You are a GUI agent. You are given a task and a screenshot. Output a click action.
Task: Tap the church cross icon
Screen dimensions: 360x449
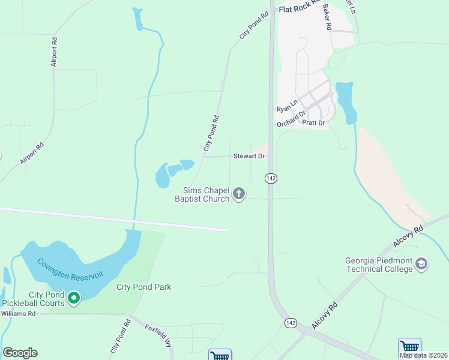click(239, 193)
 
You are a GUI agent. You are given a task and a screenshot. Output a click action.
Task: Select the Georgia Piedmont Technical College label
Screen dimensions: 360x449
click(379, 265)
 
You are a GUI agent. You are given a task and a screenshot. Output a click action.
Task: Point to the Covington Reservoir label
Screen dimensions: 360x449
click(70, 268)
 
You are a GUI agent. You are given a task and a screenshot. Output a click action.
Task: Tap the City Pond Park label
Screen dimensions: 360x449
click(143, 287)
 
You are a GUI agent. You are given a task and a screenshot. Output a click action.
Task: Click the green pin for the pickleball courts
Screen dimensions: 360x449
click(74, 298)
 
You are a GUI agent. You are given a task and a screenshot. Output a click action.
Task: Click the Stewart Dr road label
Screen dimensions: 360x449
click(249, 156)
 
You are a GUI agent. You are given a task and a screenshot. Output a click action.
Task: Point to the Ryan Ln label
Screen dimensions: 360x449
click(287, 107)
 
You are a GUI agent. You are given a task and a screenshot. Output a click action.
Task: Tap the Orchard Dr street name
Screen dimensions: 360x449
click(292, 118)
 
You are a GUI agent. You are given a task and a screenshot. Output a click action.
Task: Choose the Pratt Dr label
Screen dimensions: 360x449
click(313, 122)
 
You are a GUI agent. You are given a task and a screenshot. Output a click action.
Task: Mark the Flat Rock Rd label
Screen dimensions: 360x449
click(301, 10)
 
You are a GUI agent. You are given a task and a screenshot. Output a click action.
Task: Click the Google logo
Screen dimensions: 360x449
click(20, 353)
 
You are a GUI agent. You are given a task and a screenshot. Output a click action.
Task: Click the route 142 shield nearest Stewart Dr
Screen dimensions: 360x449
click(271, 178)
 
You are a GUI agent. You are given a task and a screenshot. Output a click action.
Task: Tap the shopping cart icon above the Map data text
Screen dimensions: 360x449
click(409, 346)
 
